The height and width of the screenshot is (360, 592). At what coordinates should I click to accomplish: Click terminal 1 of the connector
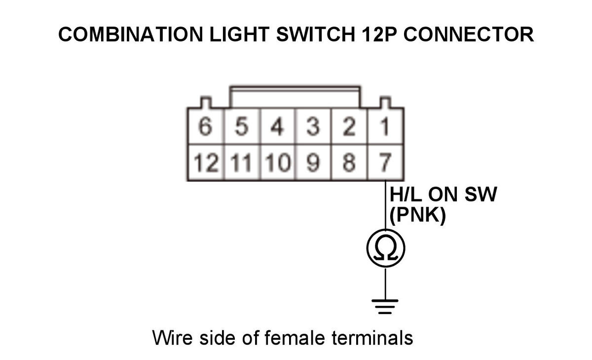[385, 126]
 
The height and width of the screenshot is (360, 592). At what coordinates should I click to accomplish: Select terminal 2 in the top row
[349, 126]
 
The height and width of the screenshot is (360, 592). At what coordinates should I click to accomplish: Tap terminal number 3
[313, 126]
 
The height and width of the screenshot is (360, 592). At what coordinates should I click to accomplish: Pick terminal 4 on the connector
[277, 126]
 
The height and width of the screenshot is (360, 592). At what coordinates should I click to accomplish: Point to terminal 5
[242, 126]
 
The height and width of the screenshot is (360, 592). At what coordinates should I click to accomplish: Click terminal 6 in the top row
[206, 126]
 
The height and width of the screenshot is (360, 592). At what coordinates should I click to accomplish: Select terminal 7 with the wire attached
[385, 162]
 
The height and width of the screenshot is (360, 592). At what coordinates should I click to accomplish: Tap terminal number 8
[349, 162]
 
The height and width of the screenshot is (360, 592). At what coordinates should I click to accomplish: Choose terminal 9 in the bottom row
[313, 162]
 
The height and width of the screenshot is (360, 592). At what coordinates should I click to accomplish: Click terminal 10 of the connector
[277, 162]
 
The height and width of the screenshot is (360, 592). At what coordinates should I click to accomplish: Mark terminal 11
[242, 162]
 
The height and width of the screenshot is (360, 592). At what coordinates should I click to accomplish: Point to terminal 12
[206, 162]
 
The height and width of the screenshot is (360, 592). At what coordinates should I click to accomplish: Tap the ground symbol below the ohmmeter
[385, 307]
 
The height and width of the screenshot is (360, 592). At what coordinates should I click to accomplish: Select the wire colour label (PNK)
[418, 215]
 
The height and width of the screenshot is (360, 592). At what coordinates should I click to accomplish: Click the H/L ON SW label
[443, 194]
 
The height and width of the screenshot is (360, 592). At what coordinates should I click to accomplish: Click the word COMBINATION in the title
[131, 35]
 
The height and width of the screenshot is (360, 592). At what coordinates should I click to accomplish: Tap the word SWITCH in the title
[316, 35]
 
